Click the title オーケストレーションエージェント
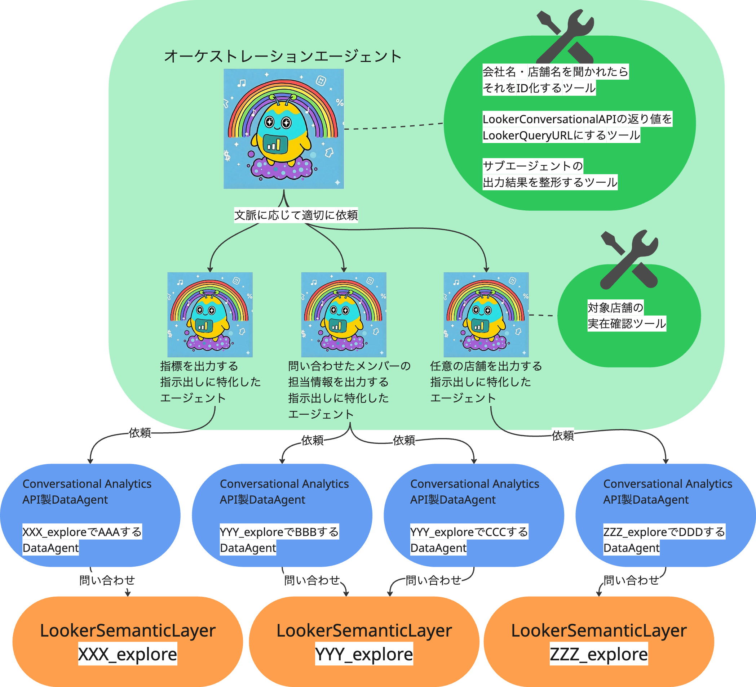point(283,56)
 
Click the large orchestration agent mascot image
point(283,129)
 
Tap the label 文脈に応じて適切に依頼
point(296,215)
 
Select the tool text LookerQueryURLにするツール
point(561,135)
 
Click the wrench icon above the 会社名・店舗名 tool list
point(565,36)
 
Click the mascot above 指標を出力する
point(209,314)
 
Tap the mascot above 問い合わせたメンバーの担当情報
point(344,314)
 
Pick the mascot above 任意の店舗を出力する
point(486,314)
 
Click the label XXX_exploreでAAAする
point(82,532)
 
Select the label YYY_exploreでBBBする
point(279,532)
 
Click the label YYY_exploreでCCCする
point(469,532)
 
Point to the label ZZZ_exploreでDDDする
point(664,532)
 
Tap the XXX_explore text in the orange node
point(128,654)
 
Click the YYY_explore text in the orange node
point(364,654)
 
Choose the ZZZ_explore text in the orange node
point(598,654)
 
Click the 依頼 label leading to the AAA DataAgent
point(140,433)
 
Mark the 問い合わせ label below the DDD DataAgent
point(631,580)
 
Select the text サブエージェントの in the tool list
point(532,166)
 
